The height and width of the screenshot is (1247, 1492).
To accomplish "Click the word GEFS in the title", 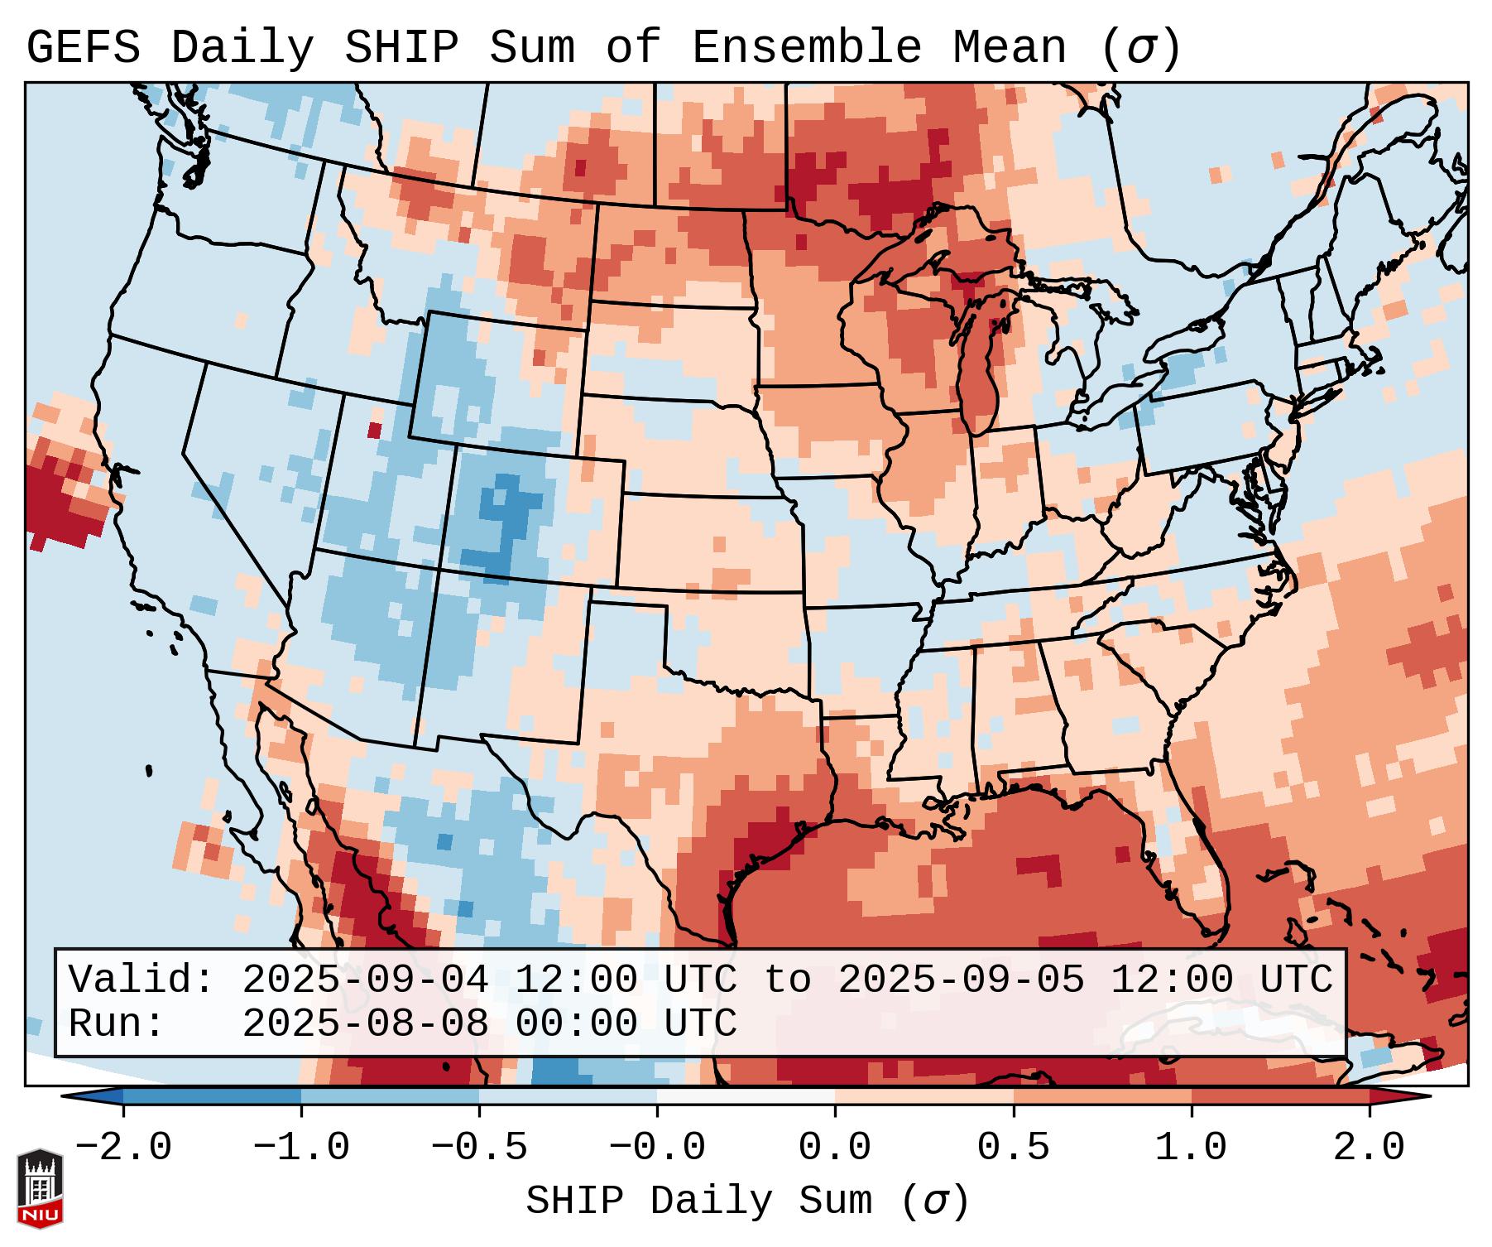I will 83,48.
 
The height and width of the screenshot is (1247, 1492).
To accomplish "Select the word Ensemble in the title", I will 806,48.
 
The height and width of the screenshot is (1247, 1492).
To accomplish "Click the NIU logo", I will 40,1188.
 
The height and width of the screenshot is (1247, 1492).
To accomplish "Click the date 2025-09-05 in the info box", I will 961,980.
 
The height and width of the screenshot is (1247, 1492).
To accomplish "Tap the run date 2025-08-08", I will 365,1024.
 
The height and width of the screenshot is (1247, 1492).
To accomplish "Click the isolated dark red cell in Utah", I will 374,431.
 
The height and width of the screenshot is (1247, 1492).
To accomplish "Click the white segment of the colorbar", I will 746,1096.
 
